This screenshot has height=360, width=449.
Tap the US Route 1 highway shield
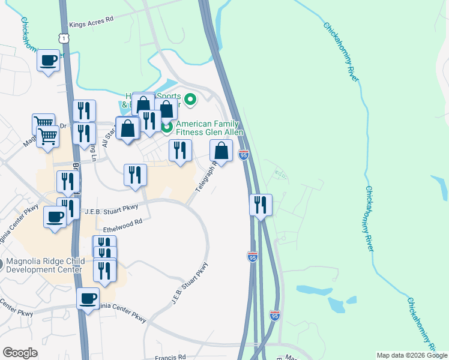tap(63, 38)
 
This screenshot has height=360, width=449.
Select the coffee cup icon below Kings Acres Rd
tap(49, 61)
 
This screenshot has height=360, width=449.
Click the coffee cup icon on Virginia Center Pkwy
tap(88, 298)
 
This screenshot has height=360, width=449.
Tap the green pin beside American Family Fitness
tap(167, 127)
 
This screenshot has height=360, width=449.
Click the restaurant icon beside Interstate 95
tap(261, 205)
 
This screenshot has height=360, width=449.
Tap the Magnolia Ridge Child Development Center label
tap(43, 265)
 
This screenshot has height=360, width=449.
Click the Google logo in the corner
tap(20, 353)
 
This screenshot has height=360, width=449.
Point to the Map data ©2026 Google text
tap(412, 355)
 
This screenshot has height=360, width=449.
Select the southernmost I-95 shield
tap(274, 315)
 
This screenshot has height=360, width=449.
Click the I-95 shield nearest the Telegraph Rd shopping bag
tap(243, 155)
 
